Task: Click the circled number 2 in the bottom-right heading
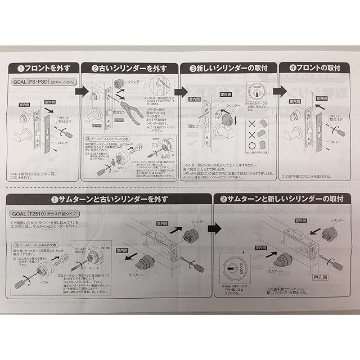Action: click(224, 200)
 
